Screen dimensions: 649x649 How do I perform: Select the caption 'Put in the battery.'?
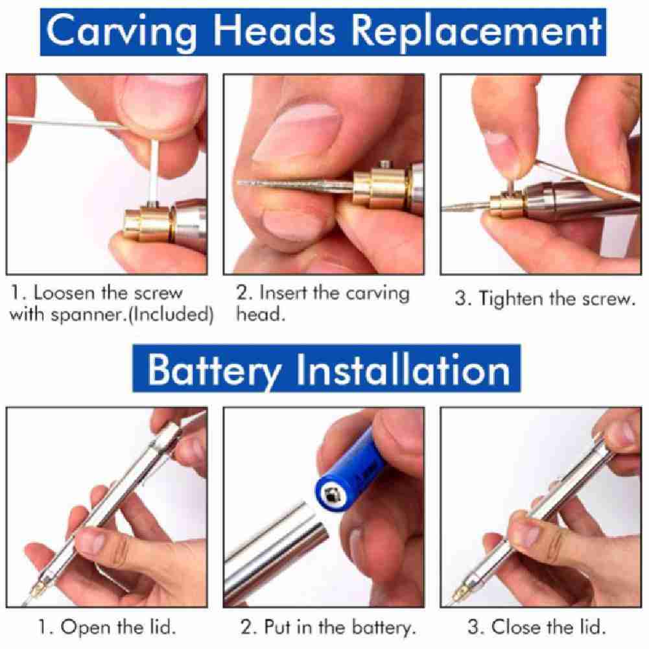click(327, 628)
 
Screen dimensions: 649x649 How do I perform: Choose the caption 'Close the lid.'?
click(536, 628)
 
